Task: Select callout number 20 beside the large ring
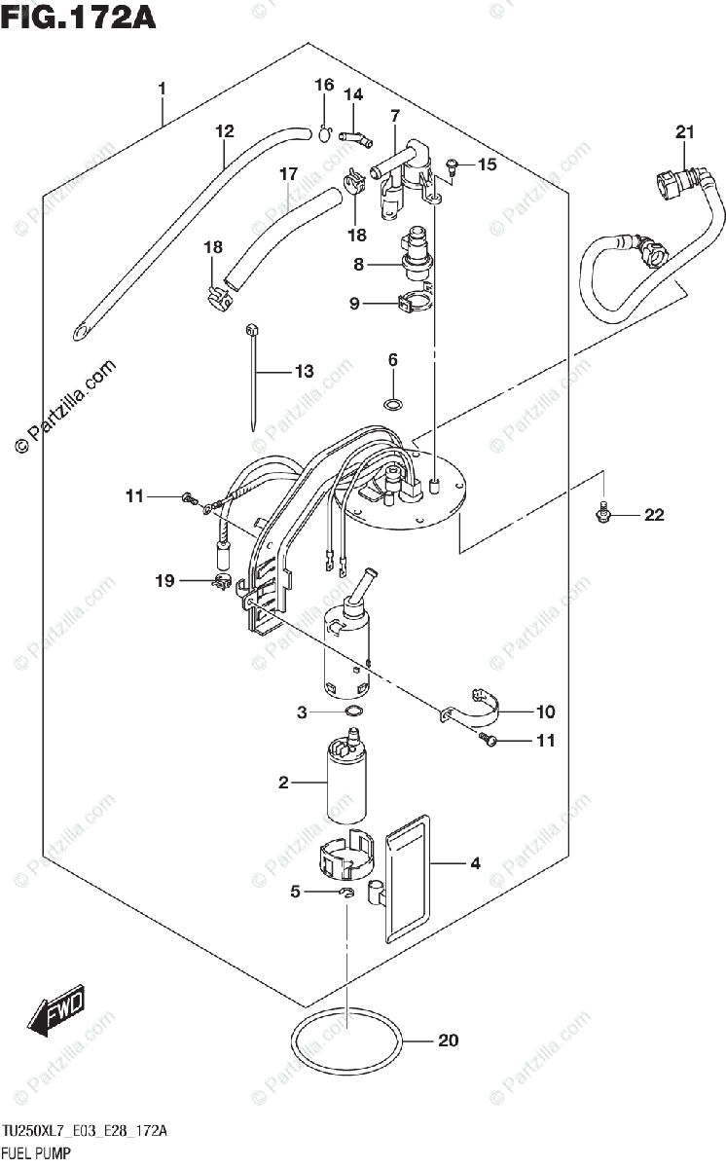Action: [447, 1041]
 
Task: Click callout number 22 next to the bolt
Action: [653, 515]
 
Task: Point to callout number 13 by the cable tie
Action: [305, 371]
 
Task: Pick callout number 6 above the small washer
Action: [393, 360]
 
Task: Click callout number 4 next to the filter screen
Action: [475, 862]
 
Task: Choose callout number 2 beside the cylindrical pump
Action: [284, 782]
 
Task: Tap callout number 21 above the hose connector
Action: [685, 132]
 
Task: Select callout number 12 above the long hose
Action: [225, 130]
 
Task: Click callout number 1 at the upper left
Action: [162, 90]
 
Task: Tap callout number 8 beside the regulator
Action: [358, 263]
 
